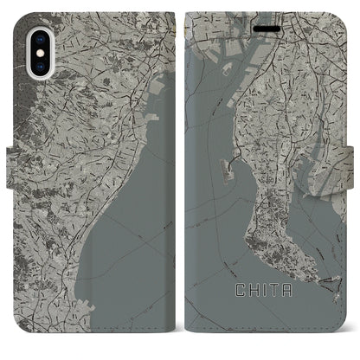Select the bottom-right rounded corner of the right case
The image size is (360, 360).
coord(343,343)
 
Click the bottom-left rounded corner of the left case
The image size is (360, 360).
coord(18,343)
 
